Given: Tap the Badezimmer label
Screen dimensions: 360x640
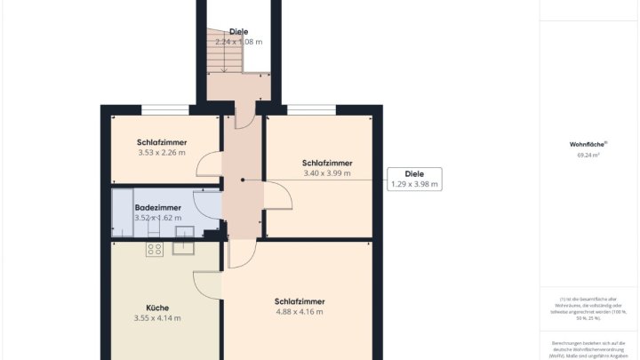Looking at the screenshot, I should pyautogui.click(x=158, y=207).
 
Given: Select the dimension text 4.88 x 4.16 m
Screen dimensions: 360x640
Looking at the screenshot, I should pyautogui.click(x=299, y=312).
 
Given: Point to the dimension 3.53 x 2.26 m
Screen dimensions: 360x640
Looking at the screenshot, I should pyautogui.click(x=161, y=153).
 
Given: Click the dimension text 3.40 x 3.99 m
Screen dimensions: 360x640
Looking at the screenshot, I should pyautogui.click(x=326, y=173).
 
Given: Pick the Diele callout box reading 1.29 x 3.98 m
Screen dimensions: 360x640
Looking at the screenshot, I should pyautogui.click(x=414, y=180).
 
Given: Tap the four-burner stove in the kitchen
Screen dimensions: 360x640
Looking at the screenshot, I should pyautogui.click(x=154, y=248).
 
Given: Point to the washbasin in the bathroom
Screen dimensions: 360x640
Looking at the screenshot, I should pyautogui.click(x=185, y=233).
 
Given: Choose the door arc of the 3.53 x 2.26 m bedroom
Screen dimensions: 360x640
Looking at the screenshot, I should pyautogui.click(x=207, y=164).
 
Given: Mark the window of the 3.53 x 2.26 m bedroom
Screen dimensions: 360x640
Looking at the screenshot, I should pyautogui.click(x=165, y=110).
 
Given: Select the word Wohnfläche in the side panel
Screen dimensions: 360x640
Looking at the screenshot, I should pyautogui.click(x=587, y=144).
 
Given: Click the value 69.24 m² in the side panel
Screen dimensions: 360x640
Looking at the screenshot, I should pyautogui.click(x=588, y=156).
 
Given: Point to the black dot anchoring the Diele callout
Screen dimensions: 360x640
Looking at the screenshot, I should pyautogui.click(x=242, y=180).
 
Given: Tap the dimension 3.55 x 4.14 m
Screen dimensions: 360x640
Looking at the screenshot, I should pyautogui.click(x=157, y=318).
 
